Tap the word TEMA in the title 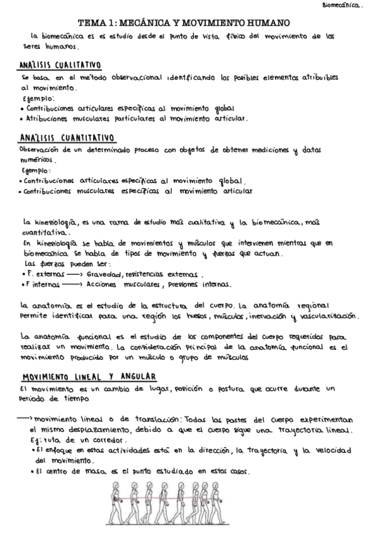click(x=99, y=22)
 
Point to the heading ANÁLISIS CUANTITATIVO click(x=63, y=139)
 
